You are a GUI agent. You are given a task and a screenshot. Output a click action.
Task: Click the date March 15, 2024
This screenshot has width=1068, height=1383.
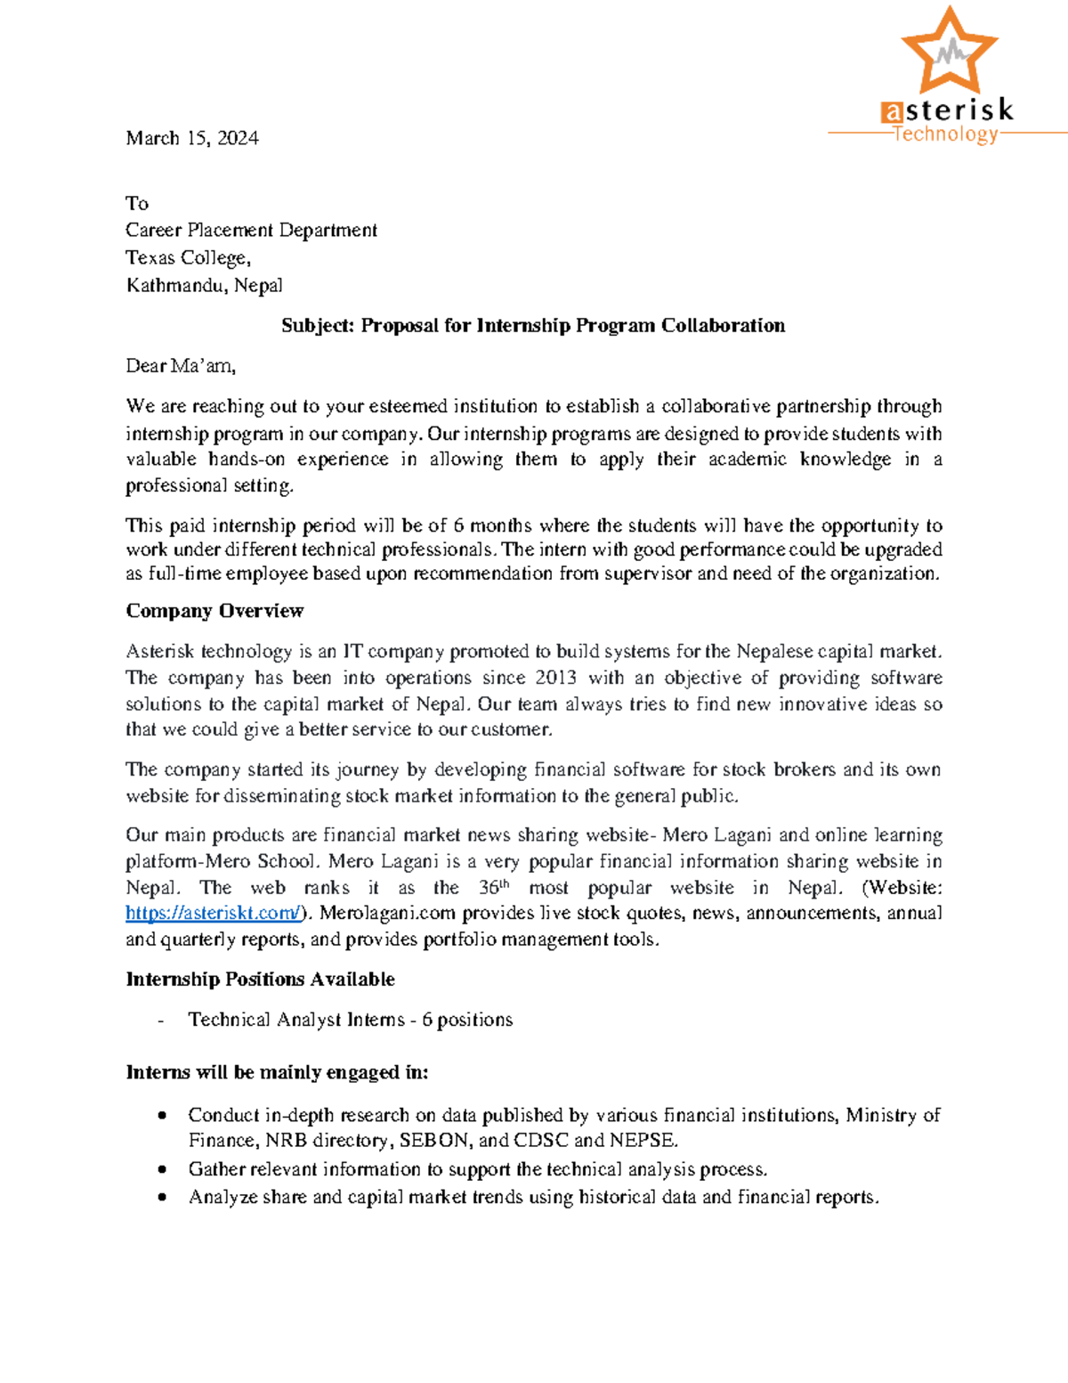pos(192,138)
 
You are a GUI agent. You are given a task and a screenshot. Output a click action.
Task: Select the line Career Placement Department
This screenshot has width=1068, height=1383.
pos(251,231)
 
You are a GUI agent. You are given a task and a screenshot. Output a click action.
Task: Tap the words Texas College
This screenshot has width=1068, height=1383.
pos(186,258)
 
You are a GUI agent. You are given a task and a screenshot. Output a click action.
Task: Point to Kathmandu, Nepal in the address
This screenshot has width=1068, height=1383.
pos(204,286)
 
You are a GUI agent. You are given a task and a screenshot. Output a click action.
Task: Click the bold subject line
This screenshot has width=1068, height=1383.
pos(533,326)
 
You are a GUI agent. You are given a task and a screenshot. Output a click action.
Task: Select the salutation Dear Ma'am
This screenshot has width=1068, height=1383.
pos(180,366)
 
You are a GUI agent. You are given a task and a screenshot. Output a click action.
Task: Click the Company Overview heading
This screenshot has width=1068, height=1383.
pos(214,611)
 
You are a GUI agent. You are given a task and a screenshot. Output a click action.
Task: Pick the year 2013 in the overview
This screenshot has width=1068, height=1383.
pos(555,678)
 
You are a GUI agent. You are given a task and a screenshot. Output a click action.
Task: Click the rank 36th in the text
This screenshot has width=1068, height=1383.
pos(493,888)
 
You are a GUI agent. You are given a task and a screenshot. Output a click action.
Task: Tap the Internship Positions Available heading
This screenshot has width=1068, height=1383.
pos(260,980)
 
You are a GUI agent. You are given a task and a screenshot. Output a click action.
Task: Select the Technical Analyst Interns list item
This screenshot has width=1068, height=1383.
pos(350,1020)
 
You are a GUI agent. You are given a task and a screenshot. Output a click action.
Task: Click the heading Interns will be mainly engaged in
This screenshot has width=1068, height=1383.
pos(277,1072)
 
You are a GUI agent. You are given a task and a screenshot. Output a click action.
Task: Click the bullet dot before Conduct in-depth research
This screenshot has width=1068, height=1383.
pos(162,1116)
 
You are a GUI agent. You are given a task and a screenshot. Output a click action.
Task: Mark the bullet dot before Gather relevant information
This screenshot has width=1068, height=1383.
pos(162,1169)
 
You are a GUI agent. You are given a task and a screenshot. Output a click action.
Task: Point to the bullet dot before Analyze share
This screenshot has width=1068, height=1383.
pos(162,1198)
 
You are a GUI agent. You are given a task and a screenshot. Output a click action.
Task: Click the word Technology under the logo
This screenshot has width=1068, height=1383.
pos(945,134)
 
